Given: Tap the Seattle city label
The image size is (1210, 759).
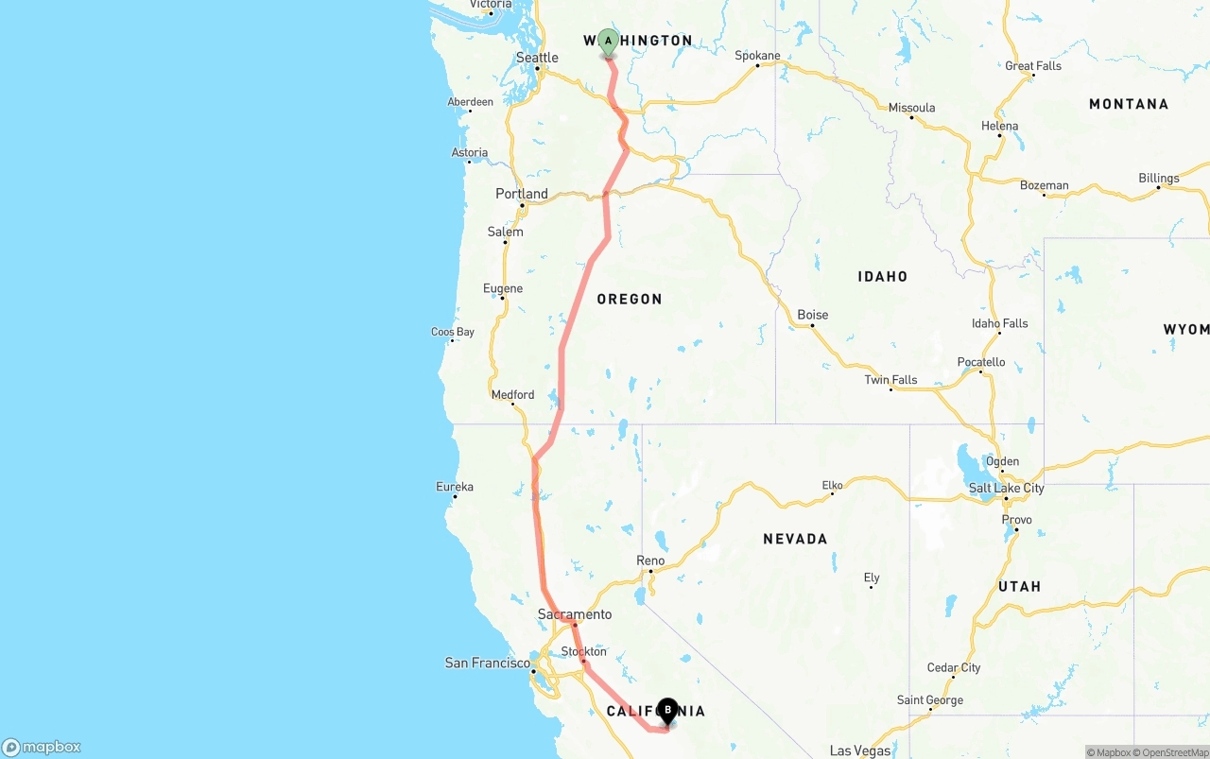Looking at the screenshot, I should pyautogui.click(x=537, y=58).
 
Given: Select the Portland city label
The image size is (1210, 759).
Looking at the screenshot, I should pyautogui.click(x=522, y=194).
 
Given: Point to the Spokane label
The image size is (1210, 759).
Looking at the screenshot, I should pyautogui.click(x=758, y=56).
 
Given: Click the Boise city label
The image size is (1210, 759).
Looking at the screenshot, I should pyautogui.click(x=813, y=315).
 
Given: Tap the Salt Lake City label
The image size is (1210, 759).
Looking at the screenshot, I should pyautogui.click(x=1007, y=488).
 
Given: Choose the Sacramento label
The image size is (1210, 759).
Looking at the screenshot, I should pyautogui.click(x=575, y=614).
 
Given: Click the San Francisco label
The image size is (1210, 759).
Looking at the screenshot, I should pyautogui.click(x=488, y=663).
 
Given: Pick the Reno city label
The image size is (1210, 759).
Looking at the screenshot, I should pyautogui.click(x=650, y=561).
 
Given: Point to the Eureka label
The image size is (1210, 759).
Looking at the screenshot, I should pyautogui.click(x=455, y=487).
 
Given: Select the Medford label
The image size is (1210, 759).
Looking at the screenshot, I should pyautogui.click(x=512, y=394).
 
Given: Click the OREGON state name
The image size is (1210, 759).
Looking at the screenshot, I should pyautogui.click(x=630, y=299).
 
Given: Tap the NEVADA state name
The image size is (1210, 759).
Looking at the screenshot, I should pyautogui.click(x=795, y=539).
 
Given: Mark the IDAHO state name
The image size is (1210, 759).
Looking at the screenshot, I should pyautogui.click(x=883, y=276).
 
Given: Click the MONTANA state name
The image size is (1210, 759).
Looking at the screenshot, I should pyautogui.click(x=1129, y=104).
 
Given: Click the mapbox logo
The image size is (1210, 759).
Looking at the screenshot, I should pyautogui.click(x=42, y=747).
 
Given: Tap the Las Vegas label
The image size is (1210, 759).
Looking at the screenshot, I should pyautogui.click(x=860, y=750).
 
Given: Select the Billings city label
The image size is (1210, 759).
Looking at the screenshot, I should pyautogui.click(x=1159, y=178).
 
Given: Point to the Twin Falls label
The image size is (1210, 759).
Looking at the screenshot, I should pyautogui.click(x=890, y=380).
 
